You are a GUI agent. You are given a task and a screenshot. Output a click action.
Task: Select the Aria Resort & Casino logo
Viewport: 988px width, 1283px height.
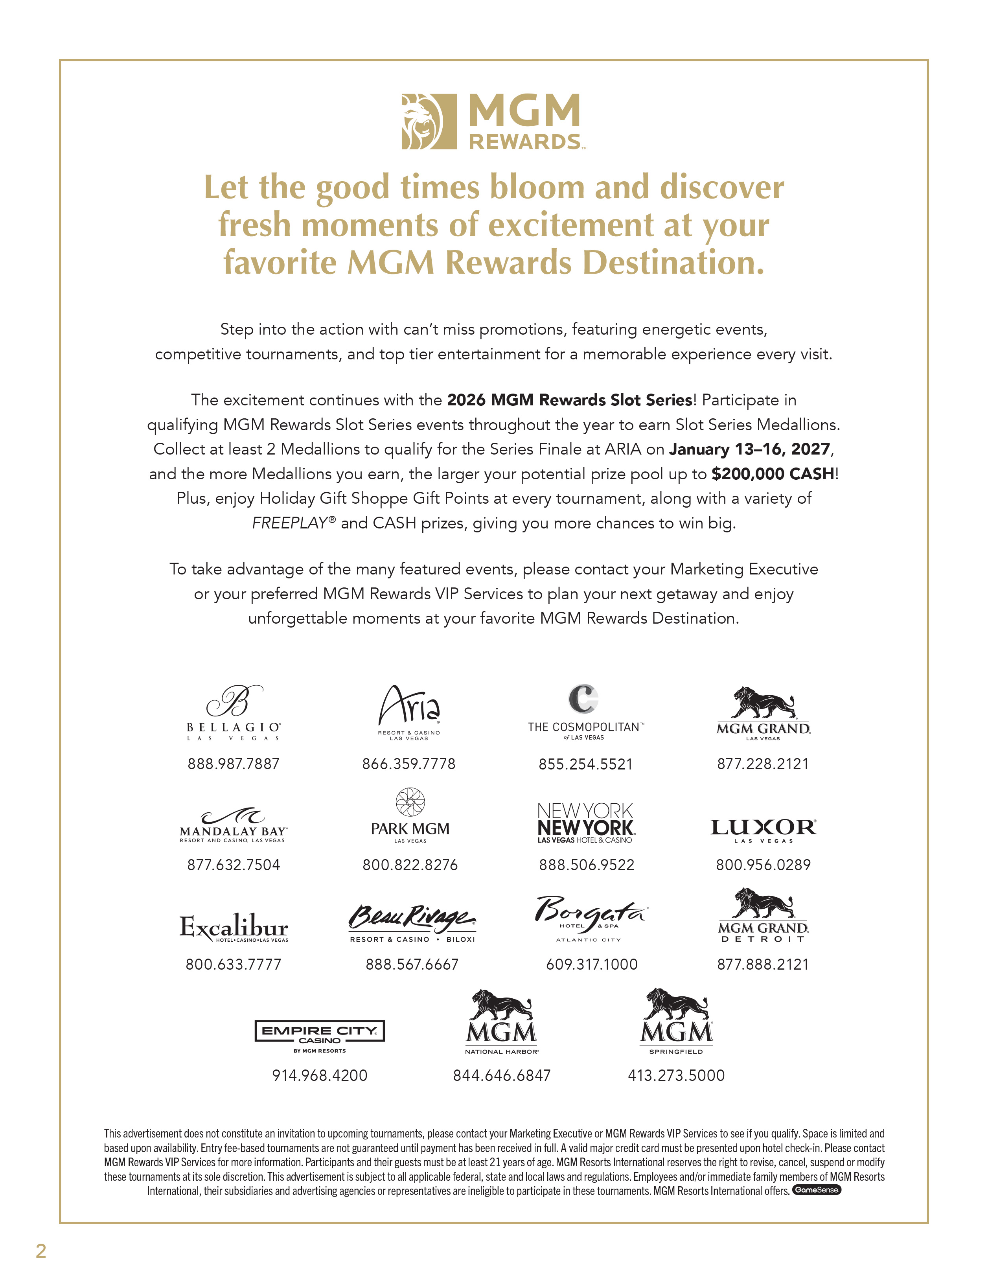(409, 712)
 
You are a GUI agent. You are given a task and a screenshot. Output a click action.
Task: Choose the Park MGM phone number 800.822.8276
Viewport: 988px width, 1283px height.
(410, 865)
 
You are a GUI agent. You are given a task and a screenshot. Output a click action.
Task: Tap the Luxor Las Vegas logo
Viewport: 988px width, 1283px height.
(763, 830)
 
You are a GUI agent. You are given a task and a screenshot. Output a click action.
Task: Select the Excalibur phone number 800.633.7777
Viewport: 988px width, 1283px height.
(233, 964)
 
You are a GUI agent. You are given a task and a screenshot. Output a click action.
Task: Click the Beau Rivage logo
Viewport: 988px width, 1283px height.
(412, 923)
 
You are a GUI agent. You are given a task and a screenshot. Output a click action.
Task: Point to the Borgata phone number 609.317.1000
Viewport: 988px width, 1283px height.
(592, 964)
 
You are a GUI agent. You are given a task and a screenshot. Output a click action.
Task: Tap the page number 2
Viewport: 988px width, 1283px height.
(40, 1251)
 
